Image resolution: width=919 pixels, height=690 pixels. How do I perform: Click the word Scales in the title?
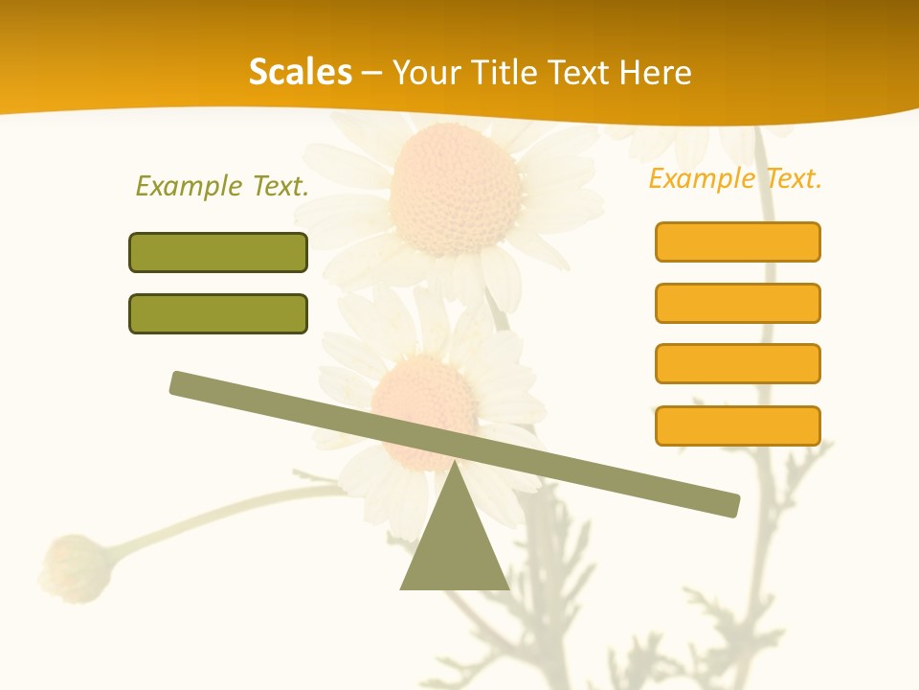tap(300, 72)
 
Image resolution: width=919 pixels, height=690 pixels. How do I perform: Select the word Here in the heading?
tap(655, 72)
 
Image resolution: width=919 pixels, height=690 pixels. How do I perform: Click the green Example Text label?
tap(222, 186)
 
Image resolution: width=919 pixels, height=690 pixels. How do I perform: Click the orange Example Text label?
tap(735, 178)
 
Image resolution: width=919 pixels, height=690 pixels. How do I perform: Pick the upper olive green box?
tap(218, 252)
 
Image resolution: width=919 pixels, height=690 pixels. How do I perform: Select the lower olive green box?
tap(218, 313)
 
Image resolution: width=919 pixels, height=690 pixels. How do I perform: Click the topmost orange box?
tap(737, 241)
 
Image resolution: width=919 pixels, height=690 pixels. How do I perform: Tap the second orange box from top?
tap(737, 303)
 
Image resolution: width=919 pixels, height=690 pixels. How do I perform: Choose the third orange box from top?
tap(737, 363)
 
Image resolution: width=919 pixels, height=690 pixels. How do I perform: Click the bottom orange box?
tap(737, 425)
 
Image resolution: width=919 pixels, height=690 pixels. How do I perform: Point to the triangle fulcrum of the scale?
tap(455, 546)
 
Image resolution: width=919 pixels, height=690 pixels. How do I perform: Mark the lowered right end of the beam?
tap(729, 505)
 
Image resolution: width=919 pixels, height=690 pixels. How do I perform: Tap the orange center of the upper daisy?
tap(456, 188)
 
